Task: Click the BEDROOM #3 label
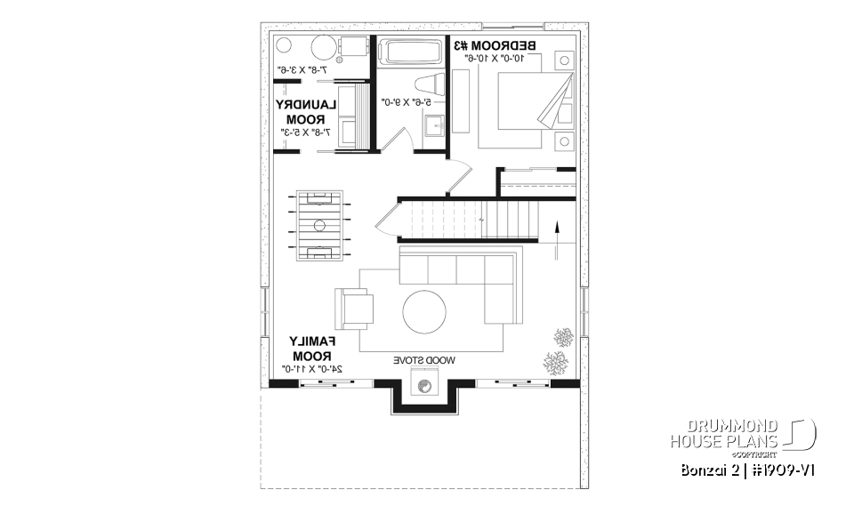click(495, 45)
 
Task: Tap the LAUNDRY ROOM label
click(305, 112)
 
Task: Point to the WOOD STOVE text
click(424, 360)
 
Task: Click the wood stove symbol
click(424, 386)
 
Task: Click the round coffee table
click(424, 312)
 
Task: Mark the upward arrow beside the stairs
click(558, 236)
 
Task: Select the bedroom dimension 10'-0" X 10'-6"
click(495, 59)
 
